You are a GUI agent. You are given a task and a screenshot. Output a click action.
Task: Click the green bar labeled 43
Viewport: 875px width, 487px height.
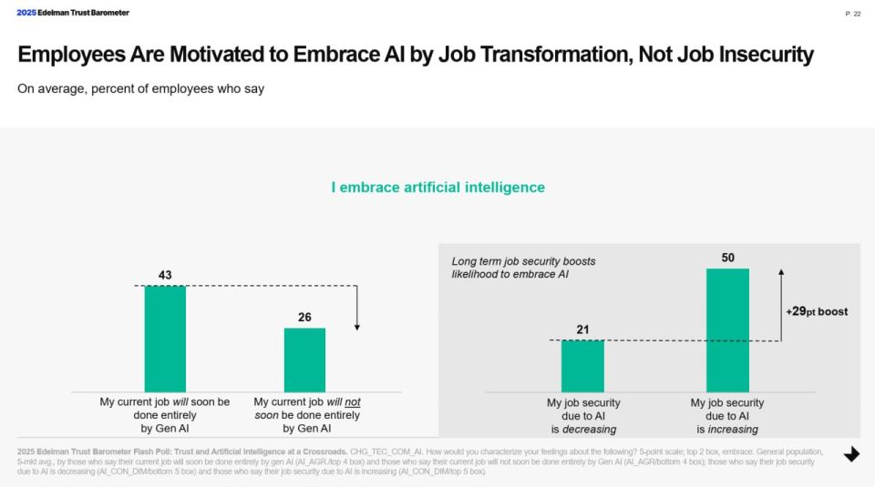(165, 339)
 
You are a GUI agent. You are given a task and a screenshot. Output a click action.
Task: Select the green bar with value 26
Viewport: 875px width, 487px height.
(304, 360)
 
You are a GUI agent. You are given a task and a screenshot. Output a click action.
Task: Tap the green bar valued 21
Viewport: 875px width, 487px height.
(582, 366)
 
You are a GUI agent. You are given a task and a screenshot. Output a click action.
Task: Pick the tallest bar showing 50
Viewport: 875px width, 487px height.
(727, 330)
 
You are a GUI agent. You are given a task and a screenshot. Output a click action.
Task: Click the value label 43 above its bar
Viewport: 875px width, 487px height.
(165, 274)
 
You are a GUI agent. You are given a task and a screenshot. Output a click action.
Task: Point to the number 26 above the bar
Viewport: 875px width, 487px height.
(304, 317)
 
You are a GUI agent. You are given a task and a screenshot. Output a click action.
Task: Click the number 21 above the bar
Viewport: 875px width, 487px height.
(582, 329)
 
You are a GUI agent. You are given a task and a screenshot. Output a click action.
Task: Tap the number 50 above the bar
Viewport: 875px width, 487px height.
(727, 258)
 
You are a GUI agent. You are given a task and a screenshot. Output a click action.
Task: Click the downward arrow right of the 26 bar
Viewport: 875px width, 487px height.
(357, 309)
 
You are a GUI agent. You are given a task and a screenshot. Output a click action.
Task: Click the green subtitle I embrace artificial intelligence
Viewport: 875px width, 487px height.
(437, 188)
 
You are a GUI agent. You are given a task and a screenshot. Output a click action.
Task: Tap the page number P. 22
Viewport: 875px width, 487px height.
(852, 14)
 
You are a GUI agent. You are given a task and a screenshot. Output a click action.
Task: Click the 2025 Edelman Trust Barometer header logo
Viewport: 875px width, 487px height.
(73, 13)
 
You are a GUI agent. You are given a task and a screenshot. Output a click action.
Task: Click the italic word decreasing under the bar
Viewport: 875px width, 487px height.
(590, 429)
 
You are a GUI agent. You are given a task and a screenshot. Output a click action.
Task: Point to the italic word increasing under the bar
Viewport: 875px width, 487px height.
(733, 429)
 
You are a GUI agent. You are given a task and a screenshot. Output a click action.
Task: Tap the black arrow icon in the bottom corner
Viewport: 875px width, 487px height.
(851, 454)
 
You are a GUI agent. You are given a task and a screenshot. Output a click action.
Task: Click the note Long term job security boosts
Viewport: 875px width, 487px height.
(523, 261)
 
